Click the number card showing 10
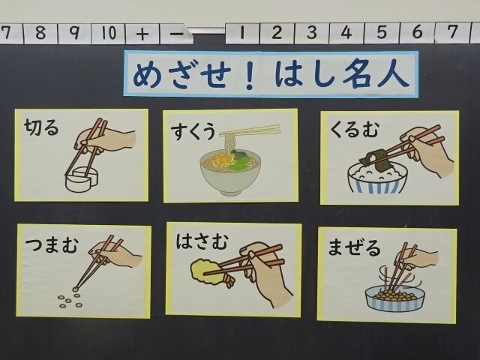[x=108, y=33]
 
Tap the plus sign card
[x=142, y=33]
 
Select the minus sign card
[x=176, y=33]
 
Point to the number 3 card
[x=312, y=33]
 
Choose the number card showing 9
[x=74, y=33]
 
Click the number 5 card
[x=382, y=33]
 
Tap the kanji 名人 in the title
[x=376, y=75]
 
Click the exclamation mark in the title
[x=250, y=75]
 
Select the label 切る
[x=42, y=127]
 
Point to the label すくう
[x=193, y=132]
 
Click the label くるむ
[x=355, y=129]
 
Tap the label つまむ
[x=52, y=245]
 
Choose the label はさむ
[x=202, y=241]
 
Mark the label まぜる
[x=354, y=247]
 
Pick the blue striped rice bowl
[x=377, y=178]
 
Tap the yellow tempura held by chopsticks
[x=205, y=269]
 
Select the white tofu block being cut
[x=82, y=180]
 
